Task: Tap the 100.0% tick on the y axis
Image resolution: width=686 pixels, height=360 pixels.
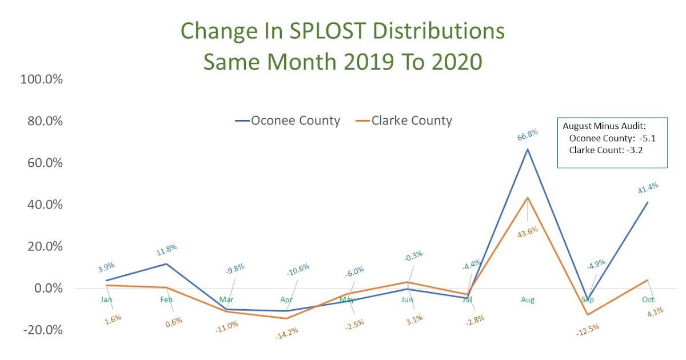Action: [41, 79]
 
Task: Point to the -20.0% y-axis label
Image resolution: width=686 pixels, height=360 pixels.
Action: [41, 330]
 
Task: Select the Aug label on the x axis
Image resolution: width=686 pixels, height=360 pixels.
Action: [527, 299]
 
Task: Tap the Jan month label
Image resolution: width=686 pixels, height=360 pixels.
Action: [106, 299]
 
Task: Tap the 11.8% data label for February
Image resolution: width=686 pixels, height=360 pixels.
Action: [166, 249]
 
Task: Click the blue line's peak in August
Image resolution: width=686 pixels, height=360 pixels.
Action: [528, 149]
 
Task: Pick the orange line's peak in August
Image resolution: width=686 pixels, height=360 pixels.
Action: [528, 198]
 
